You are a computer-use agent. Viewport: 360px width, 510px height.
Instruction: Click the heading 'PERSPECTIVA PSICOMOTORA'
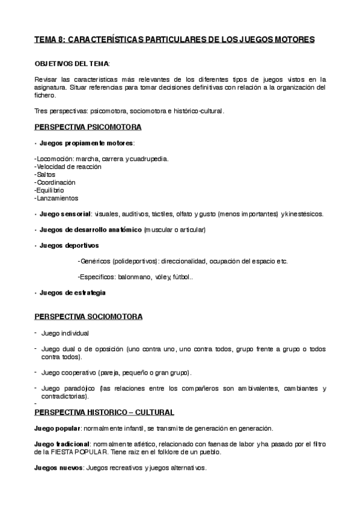[x=88, y=127]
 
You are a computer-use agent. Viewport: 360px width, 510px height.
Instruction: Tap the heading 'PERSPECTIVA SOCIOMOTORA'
[x=88, y=316]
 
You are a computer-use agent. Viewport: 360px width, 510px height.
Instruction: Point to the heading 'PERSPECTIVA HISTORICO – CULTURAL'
[x=104, y=412]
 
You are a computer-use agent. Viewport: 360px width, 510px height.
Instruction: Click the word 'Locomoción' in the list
[x=55, y=159]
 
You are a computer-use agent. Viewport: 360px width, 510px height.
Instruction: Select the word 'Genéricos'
[x=96, y=261]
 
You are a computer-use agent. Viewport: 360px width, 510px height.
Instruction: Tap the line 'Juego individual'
[x=65, y=333]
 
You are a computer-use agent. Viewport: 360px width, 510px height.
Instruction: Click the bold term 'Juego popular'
[x=57, y=428]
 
